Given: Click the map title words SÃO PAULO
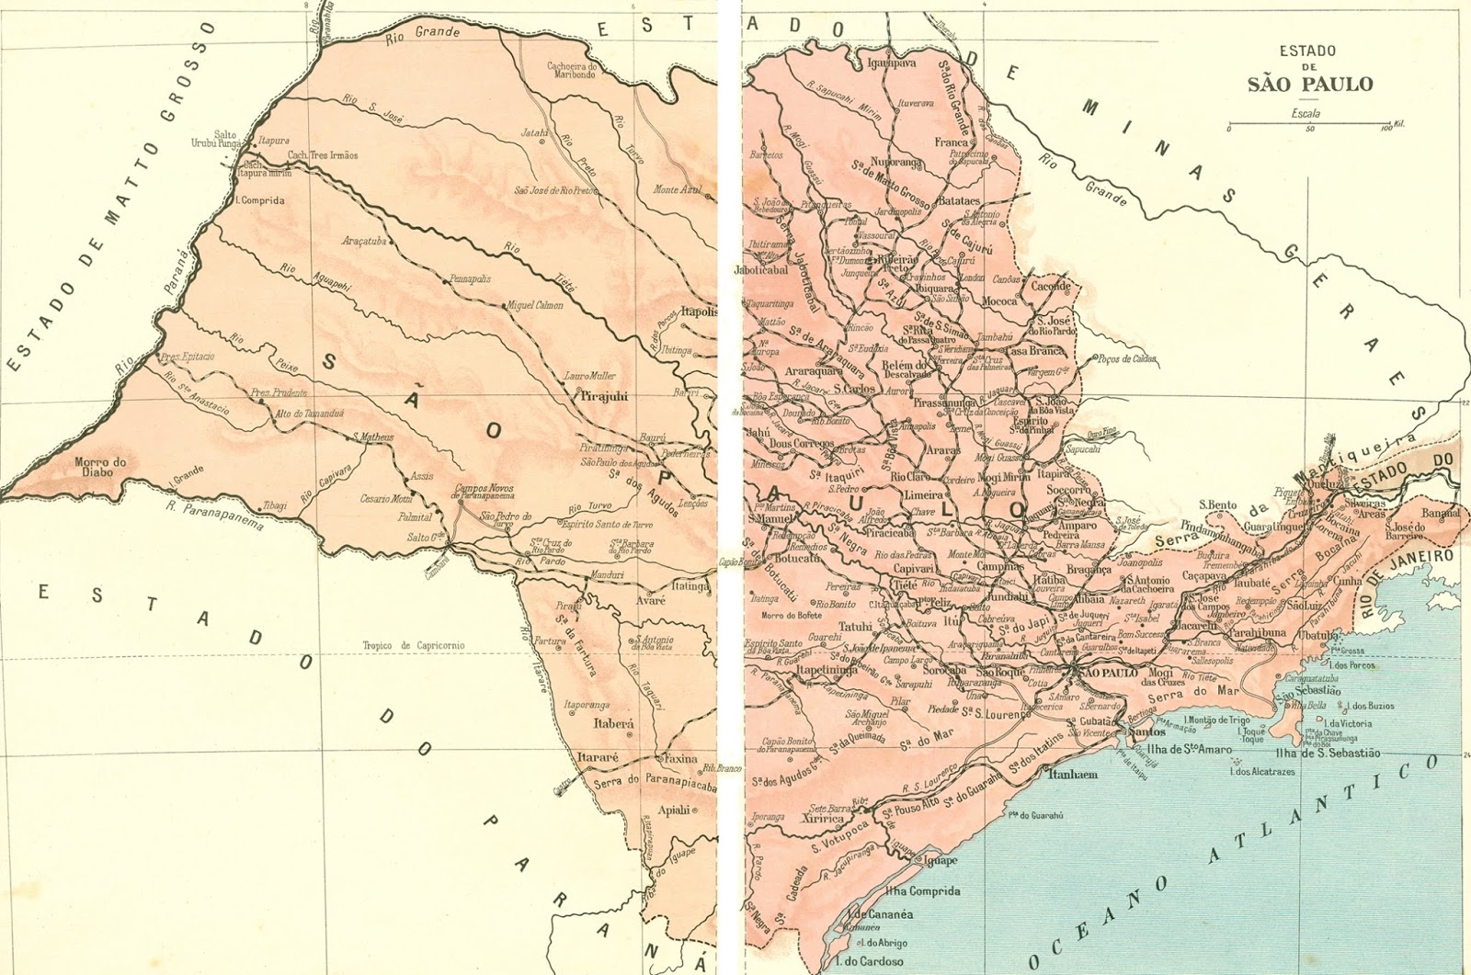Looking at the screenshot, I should point(1309,85).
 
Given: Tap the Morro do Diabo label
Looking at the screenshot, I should point(99,467).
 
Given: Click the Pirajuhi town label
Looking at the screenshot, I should point(604,396).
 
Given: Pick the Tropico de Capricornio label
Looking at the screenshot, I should point(413,646).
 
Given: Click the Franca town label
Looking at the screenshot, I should point(952,142).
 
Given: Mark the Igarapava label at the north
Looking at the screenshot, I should point(892,64).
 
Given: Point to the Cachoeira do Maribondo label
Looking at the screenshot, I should point(572,70).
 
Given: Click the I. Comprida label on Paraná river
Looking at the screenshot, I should point(260,199).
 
